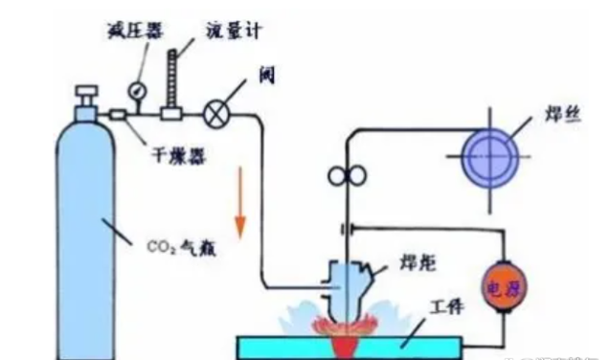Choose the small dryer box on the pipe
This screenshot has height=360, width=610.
(x=120, y=116)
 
